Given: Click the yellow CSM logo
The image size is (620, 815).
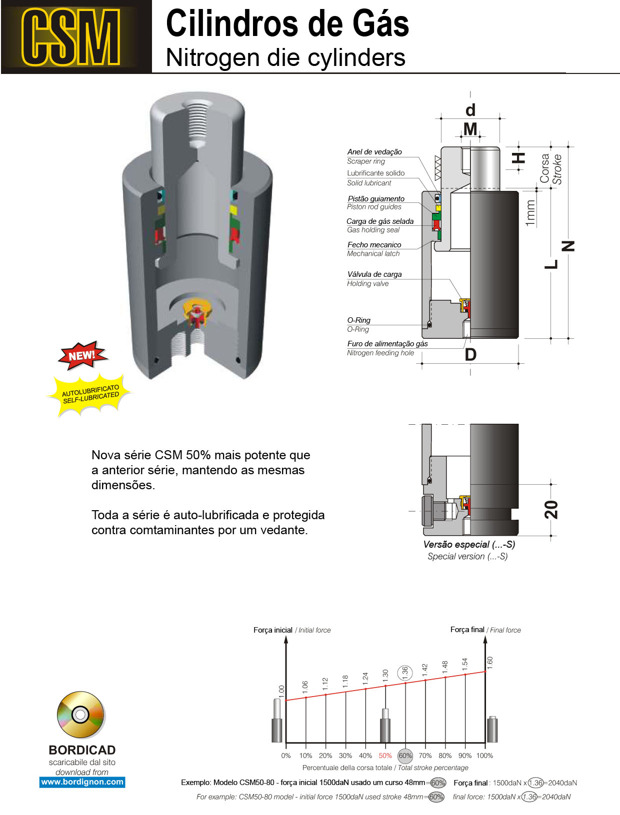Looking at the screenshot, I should pyautogui.click(x=70, y=37).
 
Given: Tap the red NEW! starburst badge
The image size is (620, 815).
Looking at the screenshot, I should pyautogui.click(x=82, y=355).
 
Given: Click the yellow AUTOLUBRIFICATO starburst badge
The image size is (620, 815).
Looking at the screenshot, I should pyautogui.click(x=90, y=394).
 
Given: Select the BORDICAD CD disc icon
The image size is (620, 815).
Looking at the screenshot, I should pyautogui.click(x=80, y=715).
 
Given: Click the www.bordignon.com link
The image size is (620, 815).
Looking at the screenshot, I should pyautogui.click(x=82, y=782).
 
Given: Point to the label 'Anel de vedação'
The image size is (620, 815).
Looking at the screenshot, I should pyautogui.click(x=374, y=152).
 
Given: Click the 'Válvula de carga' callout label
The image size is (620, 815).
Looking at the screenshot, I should pyautogui.click(x=374, y=274).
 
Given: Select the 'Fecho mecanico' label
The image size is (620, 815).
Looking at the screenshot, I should pyautogui.click(x=374, y=245).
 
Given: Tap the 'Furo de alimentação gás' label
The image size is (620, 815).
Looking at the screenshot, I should pyautogui.click(x=387, y=344).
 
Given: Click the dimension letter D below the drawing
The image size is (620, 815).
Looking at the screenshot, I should pyautogui.click(x=470, y=355).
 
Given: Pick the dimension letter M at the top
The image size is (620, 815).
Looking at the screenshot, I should pyautogui.click(x=470, y=129).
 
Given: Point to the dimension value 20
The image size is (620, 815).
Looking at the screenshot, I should pyautogui.click(x=550, y=509).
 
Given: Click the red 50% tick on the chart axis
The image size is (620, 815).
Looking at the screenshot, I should pyautogui.click(x=385, y=756).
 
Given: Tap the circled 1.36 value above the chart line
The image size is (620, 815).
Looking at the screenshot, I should pyautogui.click(x=405, y=673).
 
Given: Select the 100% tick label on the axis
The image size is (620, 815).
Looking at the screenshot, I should pyautogui.click(x=484, y=756).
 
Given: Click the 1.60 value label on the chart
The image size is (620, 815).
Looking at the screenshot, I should pyautogui.click(x=490, y=663).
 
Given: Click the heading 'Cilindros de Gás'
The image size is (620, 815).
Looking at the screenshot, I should pyautogui.click(x=287, y=23).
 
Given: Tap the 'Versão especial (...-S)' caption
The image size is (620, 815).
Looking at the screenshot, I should pyautogui.click(x=469, y=545).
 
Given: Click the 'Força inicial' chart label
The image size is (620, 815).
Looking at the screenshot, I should pyautogui.click(x=272, y=630).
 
